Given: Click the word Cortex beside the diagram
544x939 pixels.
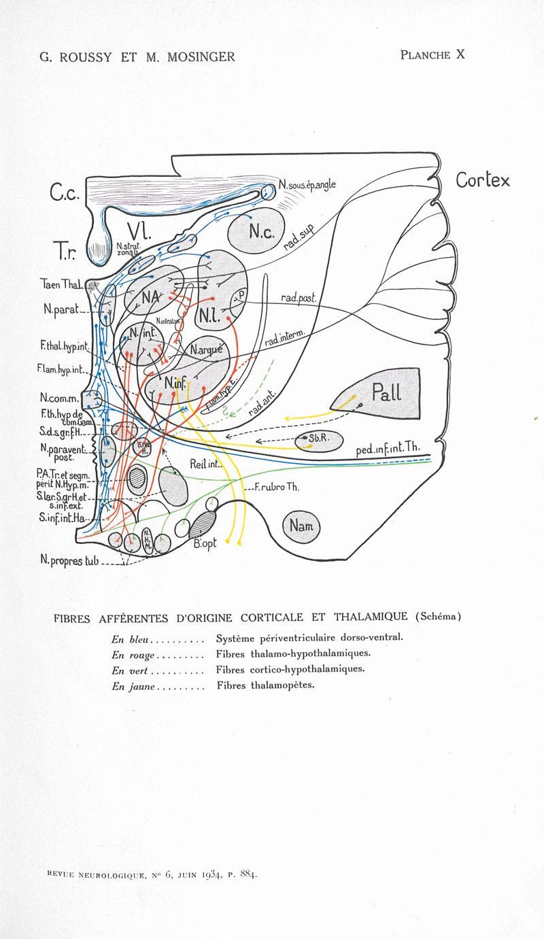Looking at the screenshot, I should coord(482,180).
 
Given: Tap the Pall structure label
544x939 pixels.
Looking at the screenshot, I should coord(385,392).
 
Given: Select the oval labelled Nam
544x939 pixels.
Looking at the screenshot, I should coord(300,526).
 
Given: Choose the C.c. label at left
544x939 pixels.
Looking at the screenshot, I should coord(64,194).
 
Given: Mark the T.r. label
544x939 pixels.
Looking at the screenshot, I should coord(67,252).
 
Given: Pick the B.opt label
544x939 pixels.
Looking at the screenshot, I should coord(205,543).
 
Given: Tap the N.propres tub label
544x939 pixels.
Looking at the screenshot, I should coord(69,561).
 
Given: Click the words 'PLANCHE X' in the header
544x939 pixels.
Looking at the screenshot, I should coord(432,55).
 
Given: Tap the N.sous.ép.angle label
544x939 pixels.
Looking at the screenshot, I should coord(307,184).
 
